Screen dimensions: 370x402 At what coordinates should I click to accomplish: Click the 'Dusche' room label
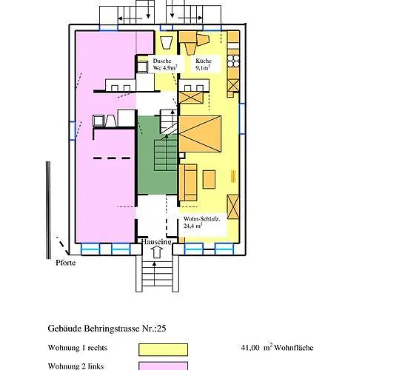tap(161, 61)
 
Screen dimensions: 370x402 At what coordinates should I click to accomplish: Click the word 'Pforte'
tap(65, 261)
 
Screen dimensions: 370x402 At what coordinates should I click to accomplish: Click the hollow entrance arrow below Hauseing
tap(155, 252)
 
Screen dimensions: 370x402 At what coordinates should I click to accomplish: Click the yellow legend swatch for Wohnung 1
tap(163, 349)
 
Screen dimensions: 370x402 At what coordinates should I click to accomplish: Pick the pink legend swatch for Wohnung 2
tap(163, 366)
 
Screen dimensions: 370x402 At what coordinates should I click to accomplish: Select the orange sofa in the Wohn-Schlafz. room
tap(187, 182)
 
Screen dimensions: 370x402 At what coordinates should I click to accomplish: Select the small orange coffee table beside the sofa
tap(208, 178)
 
